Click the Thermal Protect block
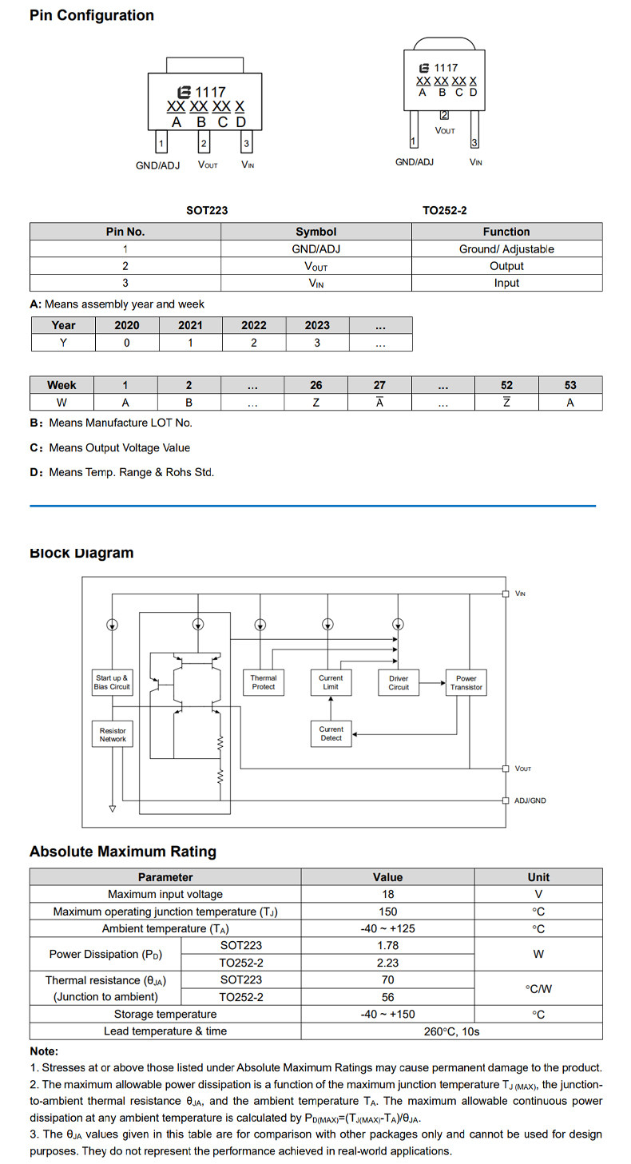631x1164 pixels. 264,682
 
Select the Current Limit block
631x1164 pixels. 331,682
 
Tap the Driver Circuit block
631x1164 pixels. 399,683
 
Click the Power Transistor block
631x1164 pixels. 466,683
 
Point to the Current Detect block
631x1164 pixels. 331,733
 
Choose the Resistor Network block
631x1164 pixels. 112,734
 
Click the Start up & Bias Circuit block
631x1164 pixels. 112,682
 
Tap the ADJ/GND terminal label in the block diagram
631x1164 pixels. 530,800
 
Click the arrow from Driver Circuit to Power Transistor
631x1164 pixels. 432,683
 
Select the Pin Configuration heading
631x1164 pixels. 91,16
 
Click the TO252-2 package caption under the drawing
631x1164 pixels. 445,210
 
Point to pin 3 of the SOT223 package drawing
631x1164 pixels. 247,142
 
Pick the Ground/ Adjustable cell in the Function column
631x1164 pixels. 506,249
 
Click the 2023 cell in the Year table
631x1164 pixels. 317,325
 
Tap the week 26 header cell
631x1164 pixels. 315,385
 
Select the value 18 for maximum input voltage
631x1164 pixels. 387,894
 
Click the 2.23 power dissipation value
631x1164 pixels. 387,963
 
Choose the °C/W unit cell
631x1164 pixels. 538,988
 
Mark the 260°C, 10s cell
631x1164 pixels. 451,1031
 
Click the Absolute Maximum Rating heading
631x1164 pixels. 122,852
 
